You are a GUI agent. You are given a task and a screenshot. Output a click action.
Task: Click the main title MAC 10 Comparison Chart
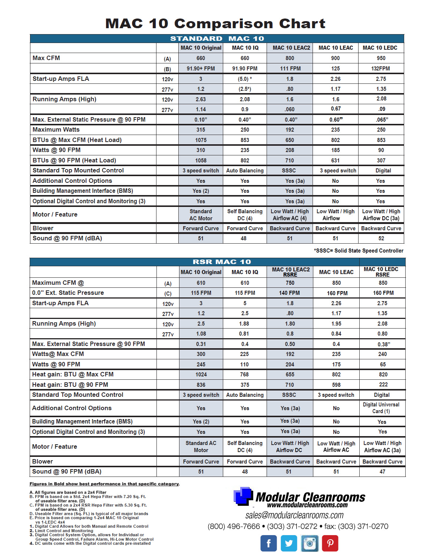[x=215, y=24]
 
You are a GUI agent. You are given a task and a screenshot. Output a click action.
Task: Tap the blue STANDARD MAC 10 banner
[x=217, y=39]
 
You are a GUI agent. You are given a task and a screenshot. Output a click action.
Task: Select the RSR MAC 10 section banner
[x=221, y=262]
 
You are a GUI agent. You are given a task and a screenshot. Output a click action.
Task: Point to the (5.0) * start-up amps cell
[x=245, y=79]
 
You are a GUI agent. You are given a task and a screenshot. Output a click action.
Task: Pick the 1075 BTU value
[x=201, y=140]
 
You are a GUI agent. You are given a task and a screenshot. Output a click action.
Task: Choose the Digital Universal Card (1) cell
[x=381, y=408]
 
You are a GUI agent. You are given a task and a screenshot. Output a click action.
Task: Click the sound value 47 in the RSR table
[x=382, y=472]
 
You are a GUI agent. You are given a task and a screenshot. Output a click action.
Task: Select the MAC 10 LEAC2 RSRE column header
[x=290, y=272]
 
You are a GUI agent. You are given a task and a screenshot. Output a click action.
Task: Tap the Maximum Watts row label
[x=56, y=130]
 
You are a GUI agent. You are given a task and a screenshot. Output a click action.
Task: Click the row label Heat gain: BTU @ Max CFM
[x=73, y=375]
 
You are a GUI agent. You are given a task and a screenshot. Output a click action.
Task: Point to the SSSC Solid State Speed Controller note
[x=359, y=251]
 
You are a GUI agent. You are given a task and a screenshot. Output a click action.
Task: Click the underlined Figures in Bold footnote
[x=105, y=484]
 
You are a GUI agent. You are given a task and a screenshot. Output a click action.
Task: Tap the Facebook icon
[x=268, y=544]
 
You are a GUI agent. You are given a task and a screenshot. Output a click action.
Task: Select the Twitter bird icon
[x=289, y=544]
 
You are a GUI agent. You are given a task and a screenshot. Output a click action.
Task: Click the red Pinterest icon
[x=330, y=544]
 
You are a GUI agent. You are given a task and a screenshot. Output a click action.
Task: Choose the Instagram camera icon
[x=310, y=544]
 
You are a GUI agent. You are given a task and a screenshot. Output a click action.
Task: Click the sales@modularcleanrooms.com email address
[x=294, y=515]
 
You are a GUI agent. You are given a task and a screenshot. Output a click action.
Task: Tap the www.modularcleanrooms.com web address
[x=307, y=505]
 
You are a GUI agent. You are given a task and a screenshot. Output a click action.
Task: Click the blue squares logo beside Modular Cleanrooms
[x=243, y=496]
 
